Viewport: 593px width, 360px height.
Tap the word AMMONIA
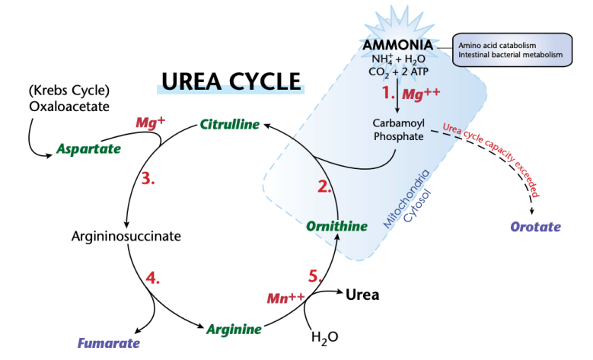click(x=397, y=45)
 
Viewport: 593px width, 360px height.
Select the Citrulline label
click(x=229, y=124)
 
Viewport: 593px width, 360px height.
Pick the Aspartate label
click(x=88, y=148)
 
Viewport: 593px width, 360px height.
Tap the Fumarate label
click(x=108, y=343)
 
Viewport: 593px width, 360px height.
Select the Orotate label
click(x=535, y=227)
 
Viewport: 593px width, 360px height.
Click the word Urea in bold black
click(x=362, y=293)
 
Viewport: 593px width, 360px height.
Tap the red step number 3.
click(x=148, y=179)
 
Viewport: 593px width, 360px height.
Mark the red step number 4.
click(x=152, y=276)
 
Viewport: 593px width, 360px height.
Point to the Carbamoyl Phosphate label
click(x=397, y=129)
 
